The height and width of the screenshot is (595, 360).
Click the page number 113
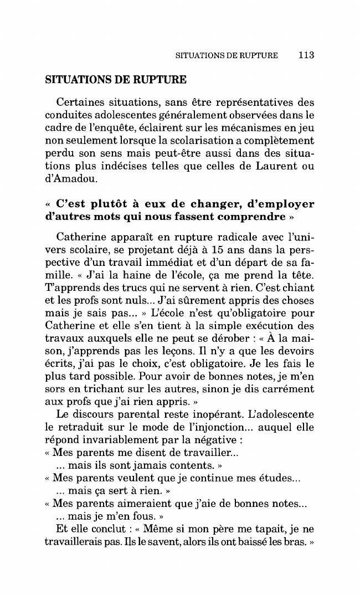point(305,55)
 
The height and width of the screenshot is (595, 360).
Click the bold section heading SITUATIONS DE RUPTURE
point(115,79)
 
